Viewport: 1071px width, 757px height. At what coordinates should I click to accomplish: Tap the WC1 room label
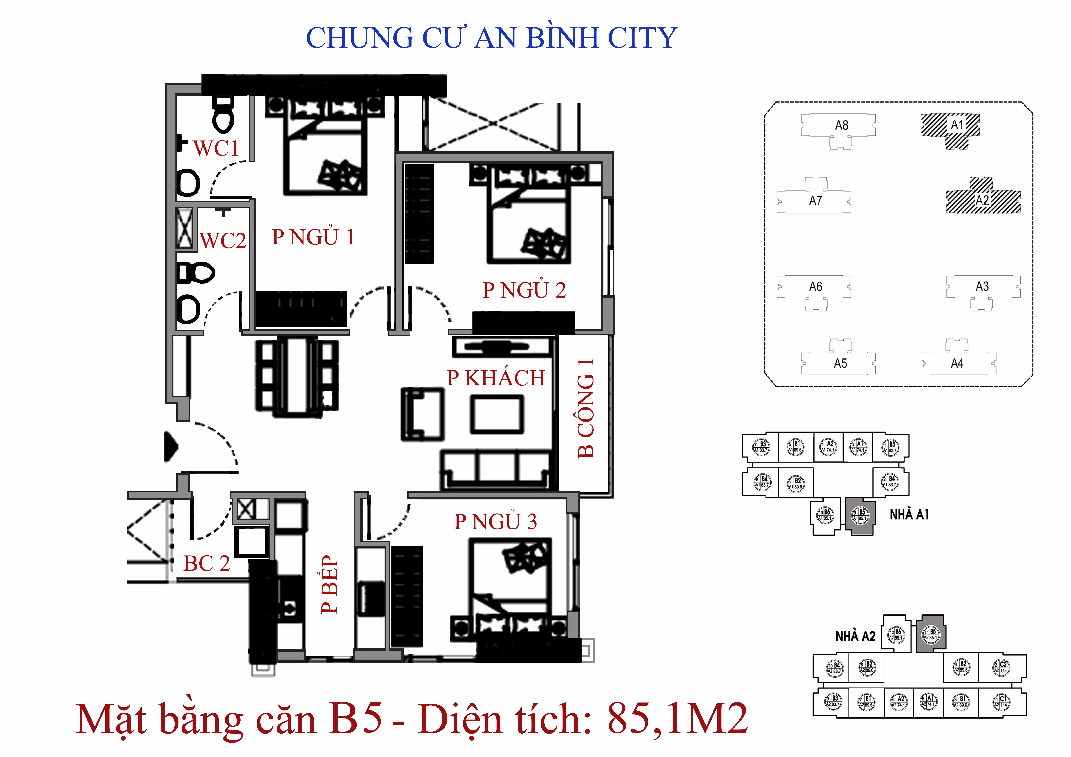(216, 148)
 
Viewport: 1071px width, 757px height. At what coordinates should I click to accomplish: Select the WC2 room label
(223, 241)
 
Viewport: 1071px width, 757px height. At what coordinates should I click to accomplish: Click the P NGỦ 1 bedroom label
(313, 237)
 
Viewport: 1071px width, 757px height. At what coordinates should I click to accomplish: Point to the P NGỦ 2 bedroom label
(524, 290)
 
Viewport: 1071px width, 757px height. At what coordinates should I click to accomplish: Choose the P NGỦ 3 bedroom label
(495, 521)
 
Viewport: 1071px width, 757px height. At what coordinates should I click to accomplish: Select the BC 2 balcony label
(207, 563)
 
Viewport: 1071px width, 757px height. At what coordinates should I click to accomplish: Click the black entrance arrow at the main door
(171, 446)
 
